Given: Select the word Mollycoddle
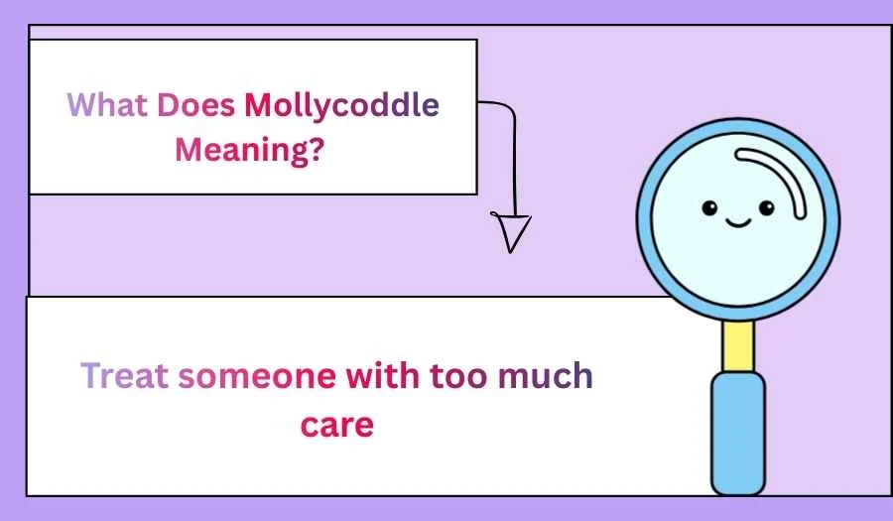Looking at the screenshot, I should click(341, 105).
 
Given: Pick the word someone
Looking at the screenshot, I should click(260, 376).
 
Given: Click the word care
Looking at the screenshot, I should click(337, 425).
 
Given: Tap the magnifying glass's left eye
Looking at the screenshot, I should click(709, 207).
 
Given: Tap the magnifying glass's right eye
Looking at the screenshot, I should click(766, 207).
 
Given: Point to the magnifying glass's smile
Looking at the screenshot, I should click(737, 220).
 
